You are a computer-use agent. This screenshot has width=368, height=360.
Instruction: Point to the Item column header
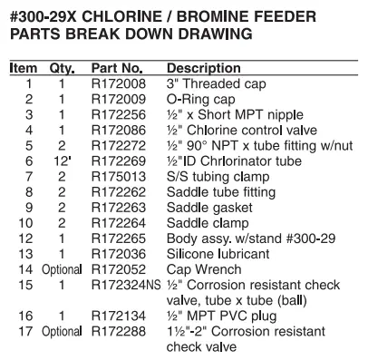22,69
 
